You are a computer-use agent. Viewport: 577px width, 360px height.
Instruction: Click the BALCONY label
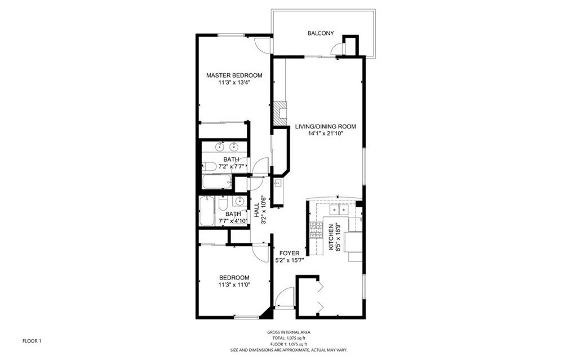tap(321, 33)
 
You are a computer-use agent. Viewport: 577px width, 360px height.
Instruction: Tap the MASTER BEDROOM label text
tap(234, 75)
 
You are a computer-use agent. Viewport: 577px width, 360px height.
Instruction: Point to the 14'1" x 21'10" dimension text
tap(325, 134)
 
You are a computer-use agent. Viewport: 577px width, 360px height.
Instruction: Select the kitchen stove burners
tap(316, 231)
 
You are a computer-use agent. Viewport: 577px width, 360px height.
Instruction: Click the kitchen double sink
tap(339, 210)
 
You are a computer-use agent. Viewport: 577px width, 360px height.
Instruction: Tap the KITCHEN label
tap(331, 237)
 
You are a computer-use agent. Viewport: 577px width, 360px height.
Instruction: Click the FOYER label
tap(289, 254)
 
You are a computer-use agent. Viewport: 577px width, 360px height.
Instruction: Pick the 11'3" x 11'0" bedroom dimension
tap(234, 285)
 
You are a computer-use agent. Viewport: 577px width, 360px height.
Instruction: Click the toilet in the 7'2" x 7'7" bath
tap(209, 166)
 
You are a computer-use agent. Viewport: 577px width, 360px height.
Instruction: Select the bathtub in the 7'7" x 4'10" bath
tap(206, 211)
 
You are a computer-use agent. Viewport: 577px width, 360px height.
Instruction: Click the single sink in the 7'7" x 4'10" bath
tap(239, 201)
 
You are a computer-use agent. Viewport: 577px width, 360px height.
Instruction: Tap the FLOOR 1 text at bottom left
tap(32, 341)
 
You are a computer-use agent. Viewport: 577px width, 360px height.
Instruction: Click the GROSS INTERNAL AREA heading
tap(288, 332)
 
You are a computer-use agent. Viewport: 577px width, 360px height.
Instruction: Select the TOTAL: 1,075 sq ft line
tap(289, 338)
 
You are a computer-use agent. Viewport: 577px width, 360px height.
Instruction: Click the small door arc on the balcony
tap(336, 50)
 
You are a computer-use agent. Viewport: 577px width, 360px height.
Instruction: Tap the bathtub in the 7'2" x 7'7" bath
tap(217, 181)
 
